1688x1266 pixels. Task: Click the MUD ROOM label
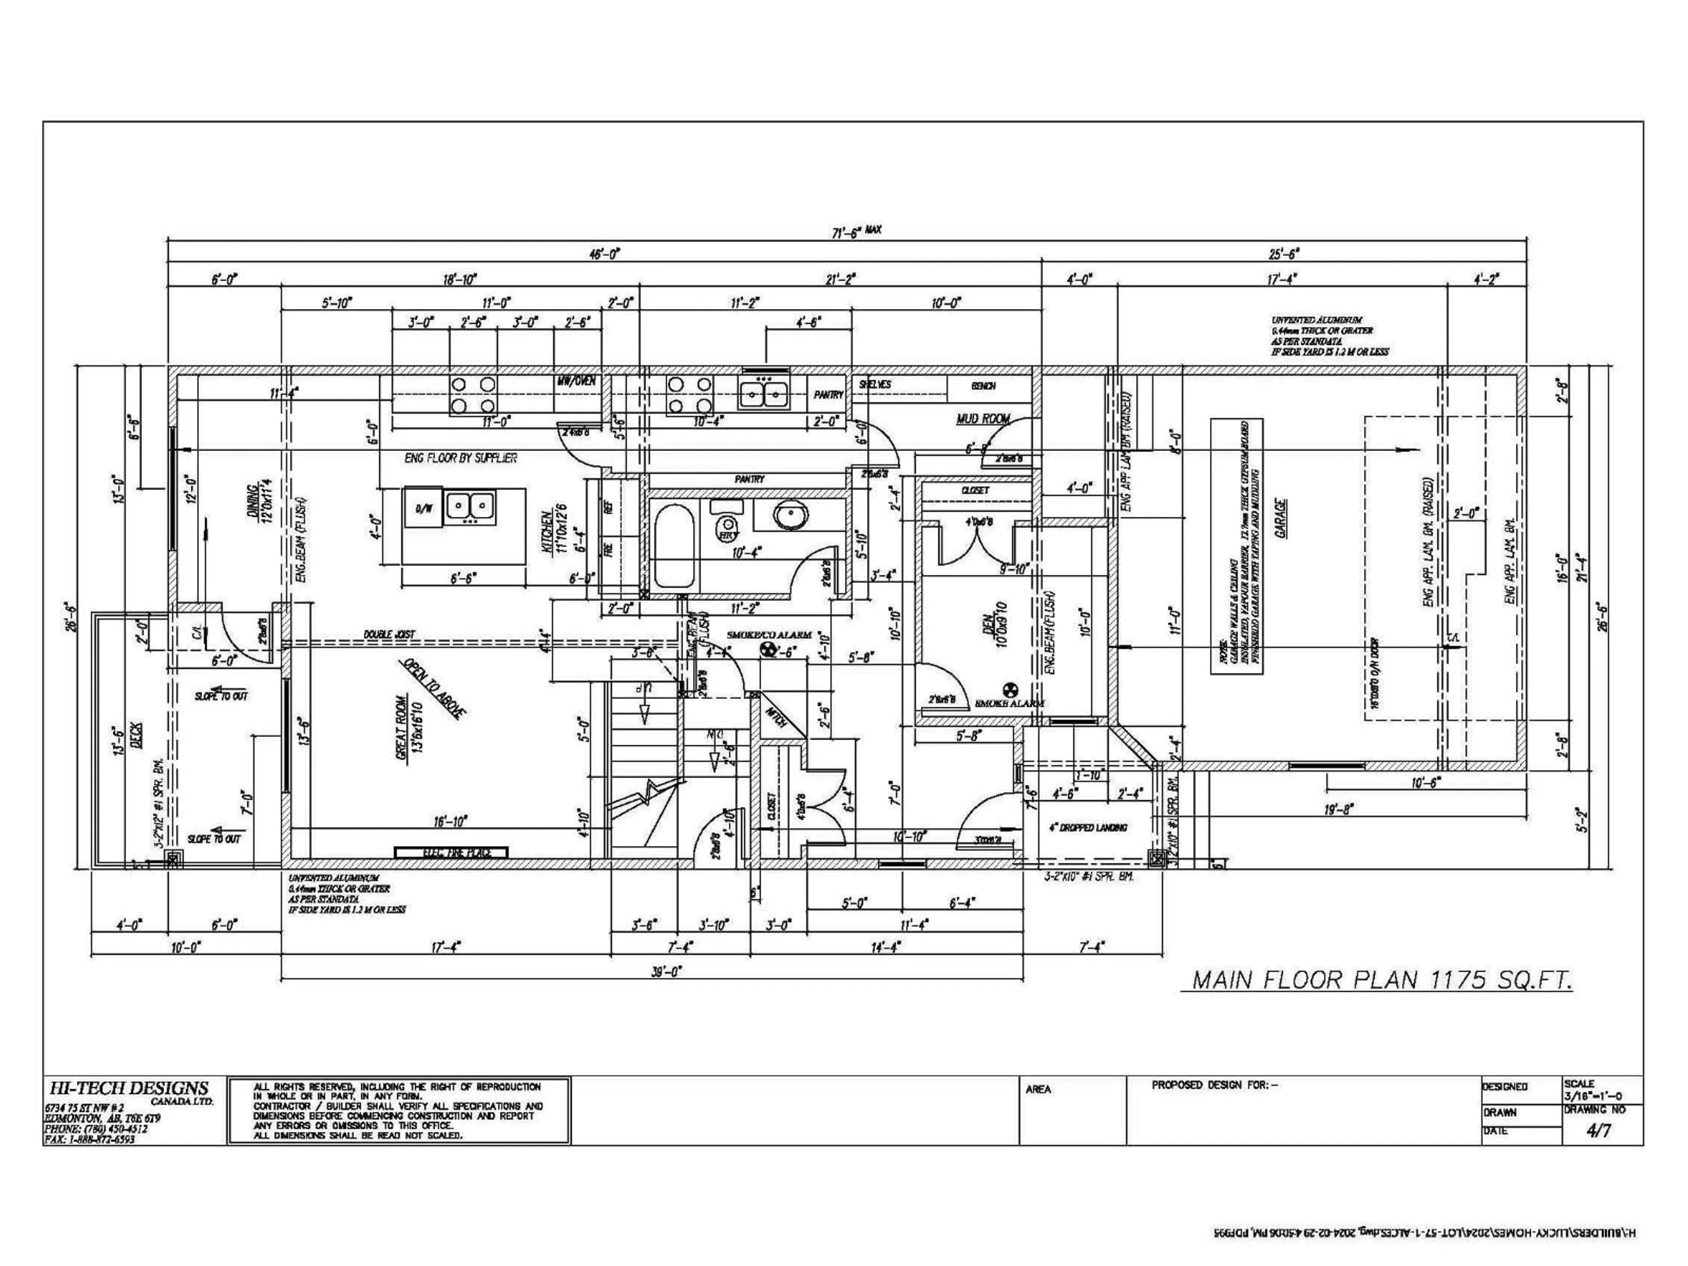pos(983,419)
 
